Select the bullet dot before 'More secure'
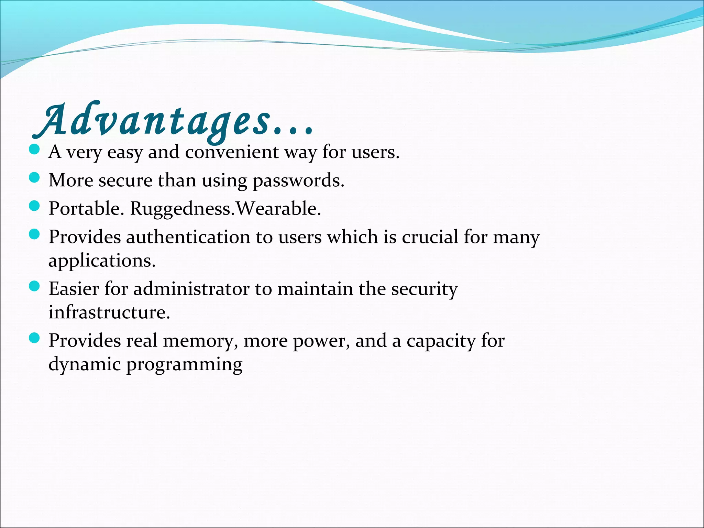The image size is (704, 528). tap(34, 178)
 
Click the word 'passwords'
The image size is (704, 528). tap(298, 181)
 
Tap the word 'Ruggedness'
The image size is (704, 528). tap(182, 209)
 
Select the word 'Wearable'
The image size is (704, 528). tap(278, 208)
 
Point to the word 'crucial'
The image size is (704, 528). tap(430, 237)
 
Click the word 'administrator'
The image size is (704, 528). tap(191, 289)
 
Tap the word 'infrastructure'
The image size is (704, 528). tap(109, 312)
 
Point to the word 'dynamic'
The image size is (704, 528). tap(85, 365)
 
